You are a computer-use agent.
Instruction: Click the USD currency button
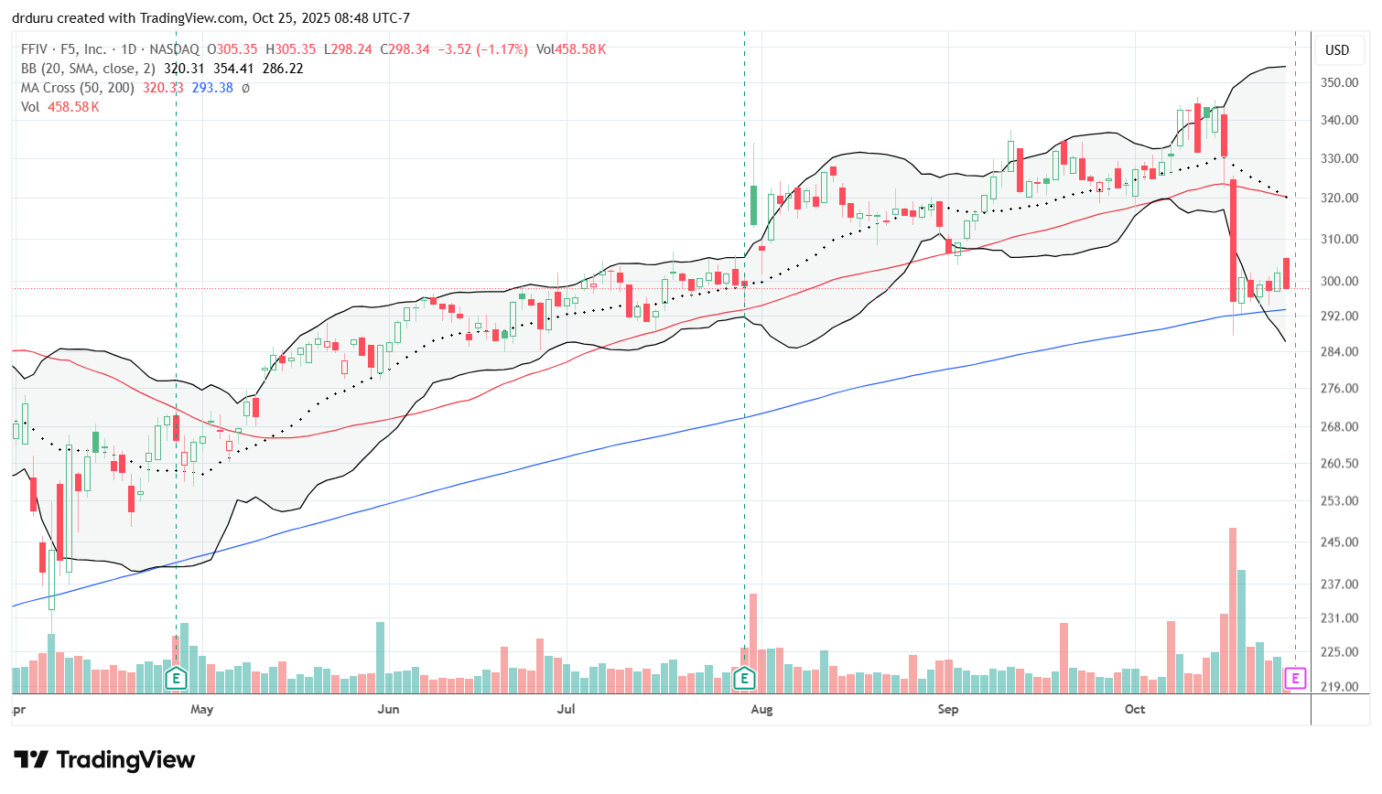[1337, 50]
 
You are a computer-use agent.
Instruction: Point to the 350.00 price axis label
[1338, 82]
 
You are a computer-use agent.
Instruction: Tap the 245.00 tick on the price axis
[1338, 542]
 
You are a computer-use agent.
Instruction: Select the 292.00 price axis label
[1338, 317]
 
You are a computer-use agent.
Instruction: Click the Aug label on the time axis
[761, 709]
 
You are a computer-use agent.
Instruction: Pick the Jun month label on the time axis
[388, 709]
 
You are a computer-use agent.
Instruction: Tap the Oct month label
[1135, 709]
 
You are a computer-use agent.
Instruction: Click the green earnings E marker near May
[176, 679]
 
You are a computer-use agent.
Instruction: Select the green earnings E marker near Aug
[744, 679]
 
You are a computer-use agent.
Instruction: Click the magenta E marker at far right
[1295, 678]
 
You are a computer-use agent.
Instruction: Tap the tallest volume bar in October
[1233, 609]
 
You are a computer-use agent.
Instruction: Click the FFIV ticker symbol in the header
[37, 49]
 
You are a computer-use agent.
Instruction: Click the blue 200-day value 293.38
[212, 88]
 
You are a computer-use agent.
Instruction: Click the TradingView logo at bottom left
[104, 760]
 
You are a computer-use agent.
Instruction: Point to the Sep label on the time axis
[948, 709]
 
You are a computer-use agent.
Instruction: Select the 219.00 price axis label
[1338, 687]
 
